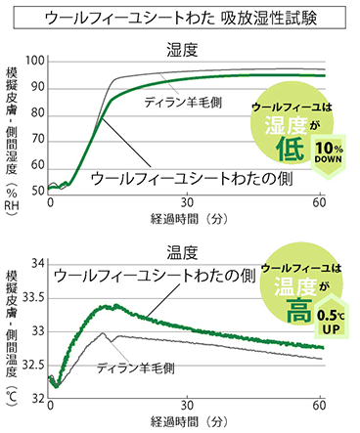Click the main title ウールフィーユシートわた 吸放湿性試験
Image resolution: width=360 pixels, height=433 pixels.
click(180, 18)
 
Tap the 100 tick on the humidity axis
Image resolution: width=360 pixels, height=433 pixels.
click(37, 61)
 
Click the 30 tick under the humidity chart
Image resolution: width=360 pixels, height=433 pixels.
click(186, 202)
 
